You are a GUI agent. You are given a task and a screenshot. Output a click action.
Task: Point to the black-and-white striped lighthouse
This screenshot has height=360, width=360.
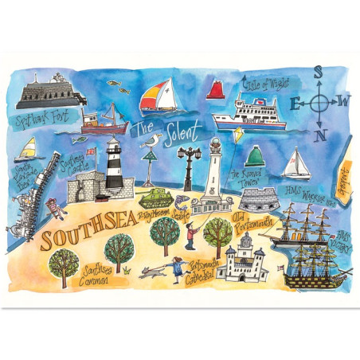coord(113,166)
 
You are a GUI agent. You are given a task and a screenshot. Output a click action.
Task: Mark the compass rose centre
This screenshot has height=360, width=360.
coord(321,102)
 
